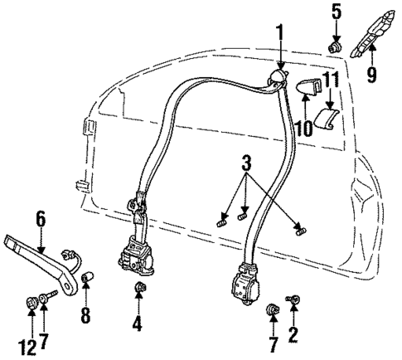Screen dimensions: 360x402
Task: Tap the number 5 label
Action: pos(337,12)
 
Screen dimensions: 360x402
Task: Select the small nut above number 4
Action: pos(138,289)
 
